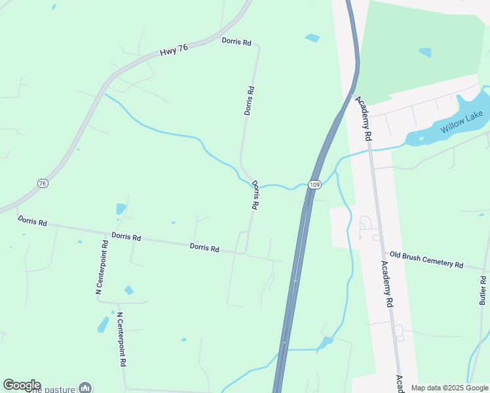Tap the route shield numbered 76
click(x=43, y=183)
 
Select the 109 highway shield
click(x=315, y=185)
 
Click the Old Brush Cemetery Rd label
click(x=426, y=259)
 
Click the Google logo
click(x=22, y=385)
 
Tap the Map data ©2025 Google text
click(x=449, y=388)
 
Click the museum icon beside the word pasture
click(x=85, y=388)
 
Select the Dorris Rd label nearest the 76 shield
click(x=32, y=222)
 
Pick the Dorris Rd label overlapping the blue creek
click(x=255, y=195)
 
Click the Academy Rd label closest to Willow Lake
click(x=364, y=119)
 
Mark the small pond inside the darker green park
click(x=425, y=52)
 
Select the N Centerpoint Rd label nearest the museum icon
click(x=122, y=339)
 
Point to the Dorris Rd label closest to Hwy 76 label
click(x=236, y=41)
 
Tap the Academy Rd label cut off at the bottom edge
click(x=400, y=383)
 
